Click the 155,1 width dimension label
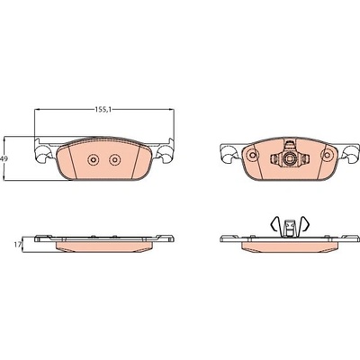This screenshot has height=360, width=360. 103,110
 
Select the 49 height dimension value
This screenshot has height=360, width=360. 4,159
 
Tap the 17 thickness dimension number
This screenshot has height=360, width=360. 18,245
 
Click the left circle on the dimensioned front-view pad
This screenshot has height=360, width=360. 93,159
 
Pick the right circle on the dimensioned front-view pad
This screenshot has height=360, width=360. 114,159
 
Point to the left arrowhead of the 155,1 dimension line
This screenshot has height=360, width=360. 37,110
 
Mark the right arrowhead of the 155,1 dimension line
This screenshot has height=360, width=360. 172,110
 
